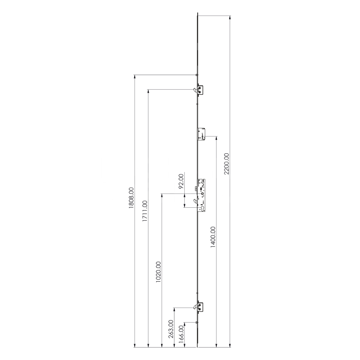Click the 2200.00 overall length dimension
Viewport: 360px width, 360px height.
tap(226, 164)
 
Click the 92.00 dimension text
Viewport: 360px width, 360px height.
tap(181, 181)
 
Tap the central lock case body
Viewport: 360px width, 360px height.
tap(202, 194)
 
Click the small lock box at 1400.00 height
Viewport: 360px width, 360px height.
tap(201, 134)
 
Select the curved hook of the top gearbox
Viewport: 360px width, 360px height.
tap(194, 90)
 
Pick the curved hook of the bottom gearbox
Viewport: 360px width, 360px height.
tap(194, 307)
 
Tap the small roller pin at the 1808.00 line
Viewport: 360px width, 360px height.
tap(195, 75)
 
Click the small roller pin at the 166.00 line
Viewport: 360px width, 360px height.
tap(195, 322)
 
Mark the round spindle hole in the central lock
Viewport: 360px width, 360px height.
tap(203, 194)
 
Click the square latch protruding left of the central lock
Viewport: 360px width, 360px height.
tap(195, 189)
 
